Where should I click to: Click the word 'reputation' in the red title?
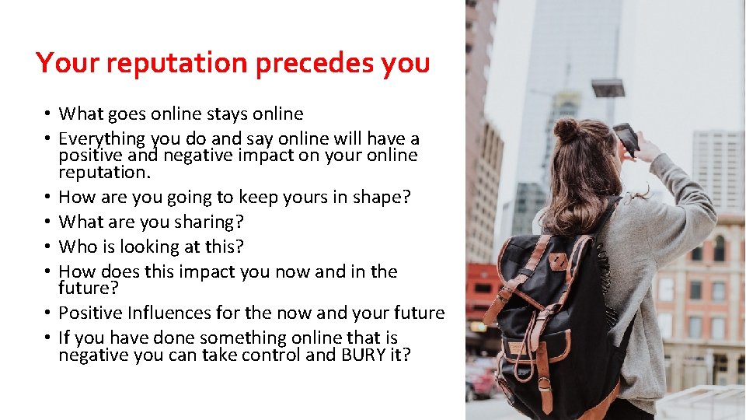[176, 63]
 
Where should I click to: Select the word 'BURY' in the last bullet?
[354, 355]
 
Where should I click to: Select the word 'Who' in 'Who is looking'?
[75, 247]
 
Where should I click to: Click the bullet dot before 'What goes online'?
[47, 114]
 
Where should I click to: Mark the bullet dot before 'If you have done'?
[47, 338]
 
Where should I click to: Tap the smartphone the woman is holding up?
[626, 139]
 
